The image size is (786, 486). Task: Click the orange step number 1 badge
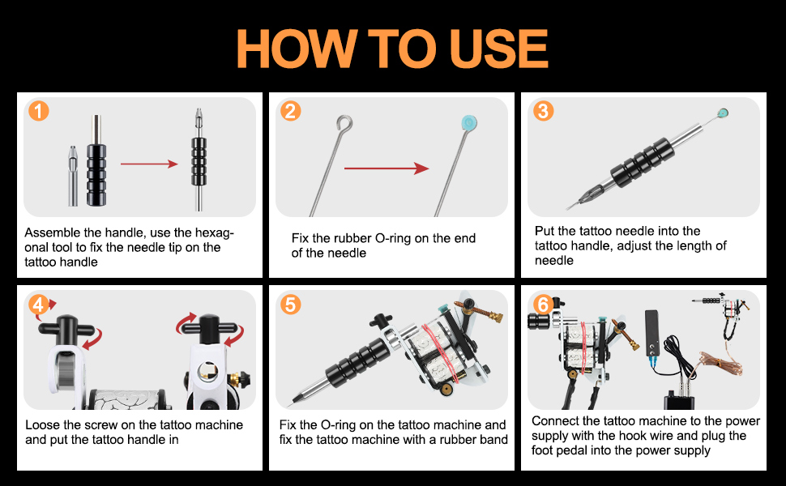tap(39, 111)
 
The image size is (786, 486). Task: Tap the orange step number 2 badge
tap(291, 111)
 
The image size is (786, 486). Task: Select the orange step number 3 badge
tap(544, 111)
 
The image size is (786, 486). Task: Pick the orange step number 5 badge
tap(291, 304)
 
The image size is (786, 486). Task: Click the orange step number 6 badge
tap(544, 304)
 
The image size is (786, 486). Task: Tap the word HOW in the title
tap(297, 49)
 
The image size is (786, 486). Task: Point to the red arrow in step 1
tap(149, 164)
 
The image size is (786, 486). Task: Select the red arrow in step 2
tap(387, 168)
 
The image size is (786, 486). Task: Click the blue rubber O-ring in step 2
tap(468, 123)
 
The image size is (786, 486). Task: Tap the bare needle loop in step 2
tap(345, 124)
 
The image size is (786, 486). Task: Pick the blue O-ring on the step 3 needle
tap(722, 113)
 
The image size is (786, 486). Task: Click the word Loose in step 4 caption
tap(42, 425)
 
